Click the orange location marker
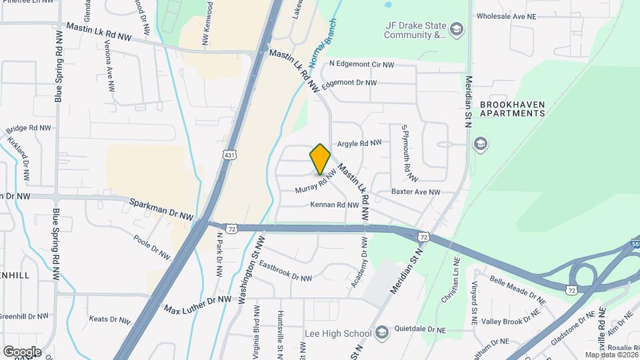pyautogui.click(x=320, y=159)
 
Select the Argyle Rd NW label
pyautogui.click(x=359, y=143)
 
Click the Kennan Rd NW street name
pyautogui.click(x=335, y=205)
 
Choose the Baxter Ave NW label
pyautogui.click(x=415, y=192)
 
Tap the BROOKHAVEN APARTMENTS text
pyautogui.click(x=512, y=109)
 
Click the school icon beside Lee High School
pyautogui.click(x=382, y=332)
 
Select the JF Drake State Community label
pyautogui.click(x=414, y=31)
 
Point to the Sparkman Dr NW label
pyautogui.click(x=161, y=209)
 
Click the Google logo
pyautogui.click(x=22, y=351)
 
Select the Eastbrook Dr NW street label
pyautogui.click(x=285, y=270)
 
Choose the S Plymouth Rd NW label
pyautogui.click(x=409, y=153)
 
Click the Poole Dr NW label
pyautogui.click(x=151, y=246)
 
